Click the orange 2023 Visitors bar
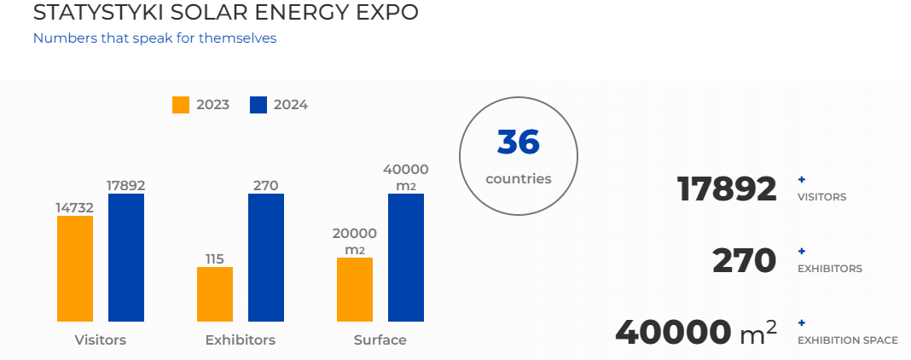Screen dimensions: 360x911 coord(75,268)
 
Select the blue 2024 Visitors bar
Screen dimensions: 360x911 coord(126,257)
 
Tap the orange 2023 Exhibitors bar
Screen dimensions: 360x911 coord(215,293)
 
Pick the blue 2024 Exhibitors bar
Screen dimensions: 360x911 coord(266,257)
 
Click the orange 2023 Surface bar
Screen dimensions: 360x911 coord(355,289)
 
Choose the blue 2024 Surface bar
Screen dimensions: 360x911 coord(406,257)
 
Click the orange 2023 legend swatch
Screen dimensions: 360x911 coord(181,105)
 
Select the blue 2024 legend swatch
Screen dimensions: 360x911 coord(258,105)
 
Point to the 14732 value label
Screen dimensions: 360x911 coord(75,207)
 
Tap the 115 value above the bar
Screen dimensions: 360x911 coord(215,258)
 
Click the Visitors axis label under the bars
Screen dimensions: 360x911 coord(101,340)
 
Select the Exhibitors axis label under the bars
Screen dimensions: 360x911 coord(241,340)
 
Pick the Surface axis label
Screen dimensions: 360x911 coord(380,340)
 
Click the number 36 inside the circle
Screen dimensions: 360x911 coord(519,142)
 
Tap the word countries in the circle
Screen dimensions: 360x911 coord(519,179)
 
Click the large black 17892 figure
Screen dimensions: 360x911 coord(727,189)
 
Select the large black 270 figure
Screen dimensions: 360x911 coord(744,260)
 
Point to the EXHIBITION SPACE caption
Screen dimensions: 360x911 coord(847,340)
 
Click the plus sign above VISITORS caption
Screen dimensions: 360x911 coord(801,179)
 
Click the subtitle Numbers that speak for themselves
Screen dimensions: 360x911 coord(154,38)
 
